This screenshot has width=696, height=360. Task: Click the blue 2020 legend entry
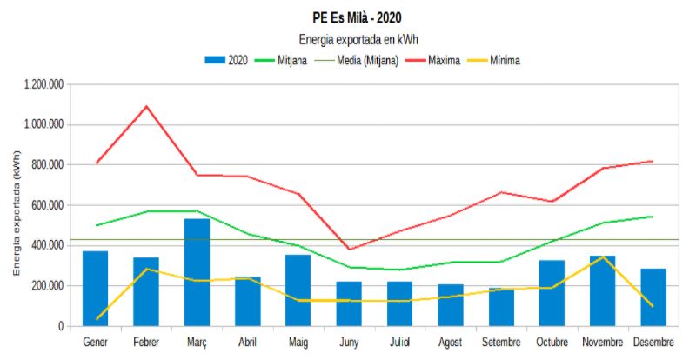tap(227, 60)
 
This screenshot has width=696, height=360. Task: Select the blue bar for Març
tap(197, 272)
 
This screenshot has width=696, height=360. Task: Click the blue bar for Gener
tap(96, 289)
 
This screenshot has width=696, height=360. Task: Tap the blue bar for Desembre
tap(652, 297)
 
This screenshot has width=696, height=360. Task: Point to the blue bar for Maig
tap(298, 290)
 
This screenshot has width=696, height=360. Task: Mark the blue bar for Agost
tap(451, 305)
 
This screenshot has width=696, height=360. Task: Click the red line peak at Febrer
tap(146, 106)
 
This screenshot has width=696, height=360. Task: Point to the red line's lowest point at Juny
tap(350, 250)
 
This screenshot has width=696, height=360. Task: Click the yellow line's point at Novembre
tap(602, 257)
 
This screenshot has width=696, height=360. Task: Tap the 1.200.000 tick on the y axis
tap(43, 84)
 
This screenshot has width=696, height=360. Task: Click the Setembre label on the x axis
tap(501, 342)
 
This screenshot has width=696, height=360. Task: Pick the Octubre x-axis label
tap(552, 342)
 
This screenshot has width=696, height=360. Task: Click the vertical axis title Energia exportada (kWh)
tap(16, 211)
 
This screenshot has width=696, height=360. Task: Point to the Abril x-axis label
tap(247, 342)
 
